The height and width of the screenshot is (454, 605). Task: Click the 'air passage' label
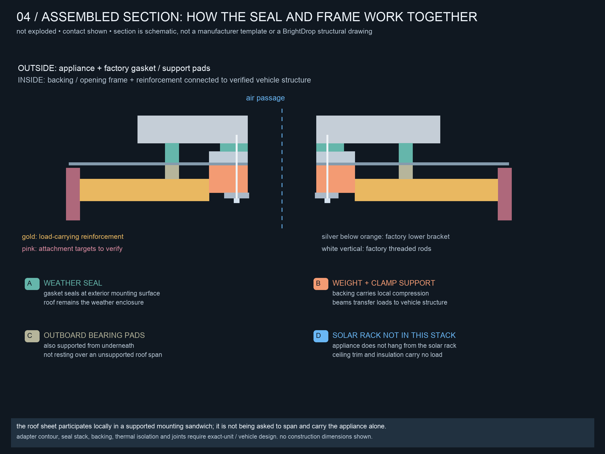coord(265,98)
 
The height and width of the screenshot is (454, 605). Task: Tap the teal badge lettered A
coord(32,284)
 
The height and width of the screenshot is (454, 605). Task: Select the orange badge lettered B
coord(321,284)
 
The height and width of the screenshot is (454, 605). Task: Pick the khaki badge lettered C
coord(32,336)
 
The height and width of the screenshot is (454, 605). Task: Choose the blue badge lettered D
coord(321,336)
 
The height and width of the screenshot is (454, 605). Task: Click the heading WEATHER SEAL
coord(73,283)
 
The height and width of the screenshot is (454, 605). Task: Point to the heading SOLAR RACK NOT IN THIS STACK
coord(394,335)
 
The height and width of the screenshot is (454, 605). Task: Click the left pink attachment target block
coord(73,194)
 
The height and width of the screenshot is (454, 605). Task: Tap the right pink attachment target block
coord(505,194)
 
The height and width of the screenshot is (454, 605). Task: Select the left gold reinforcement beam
coord(144,190)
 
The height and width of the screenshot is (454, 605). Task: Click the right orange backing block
coord(335,179)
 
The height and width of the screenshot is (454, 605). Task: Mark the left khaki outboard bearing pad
coord(172,172)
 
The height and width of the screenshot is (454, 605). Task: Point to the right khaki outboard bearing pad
coord(406,172)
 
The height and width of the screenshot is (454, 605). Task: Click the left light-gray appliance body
coord(193,129)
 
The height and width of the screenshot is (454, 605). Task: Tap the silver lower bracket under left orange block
coord(237,195)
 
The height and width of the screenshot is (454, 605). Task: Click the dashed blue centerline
coord(282,168)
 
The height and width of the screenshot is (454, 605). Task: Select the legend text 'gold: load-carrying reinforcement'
coord(73,237)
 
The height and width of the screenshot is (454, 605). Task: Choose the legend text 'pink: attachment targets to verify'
coord(72,249)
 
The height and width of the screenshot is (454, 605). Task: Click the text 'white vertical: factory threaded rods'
coord(376,249)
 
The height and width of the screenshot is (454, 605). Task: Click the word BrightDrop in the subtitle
coord(299,31)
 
